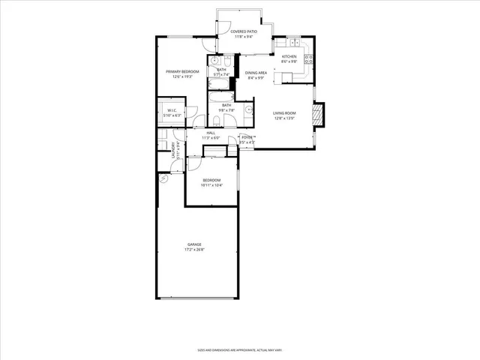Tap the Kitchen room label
(x=289, y=56)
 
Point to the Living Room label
(x=284, y=112)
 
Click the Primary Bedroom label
(x=182, y=71)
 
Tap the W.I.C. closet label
(x=172, y=111)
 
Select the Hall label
(x=211, y=133)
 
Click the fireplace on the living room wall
(x=318, y=113)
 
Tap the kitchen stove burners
(x=308, y=57)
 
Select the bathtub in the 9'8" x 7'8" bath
(x=221, y=97)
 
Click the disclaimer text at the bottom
(x=239, y=349)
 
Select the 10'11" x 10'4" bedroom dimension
(x=212, y=184)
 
